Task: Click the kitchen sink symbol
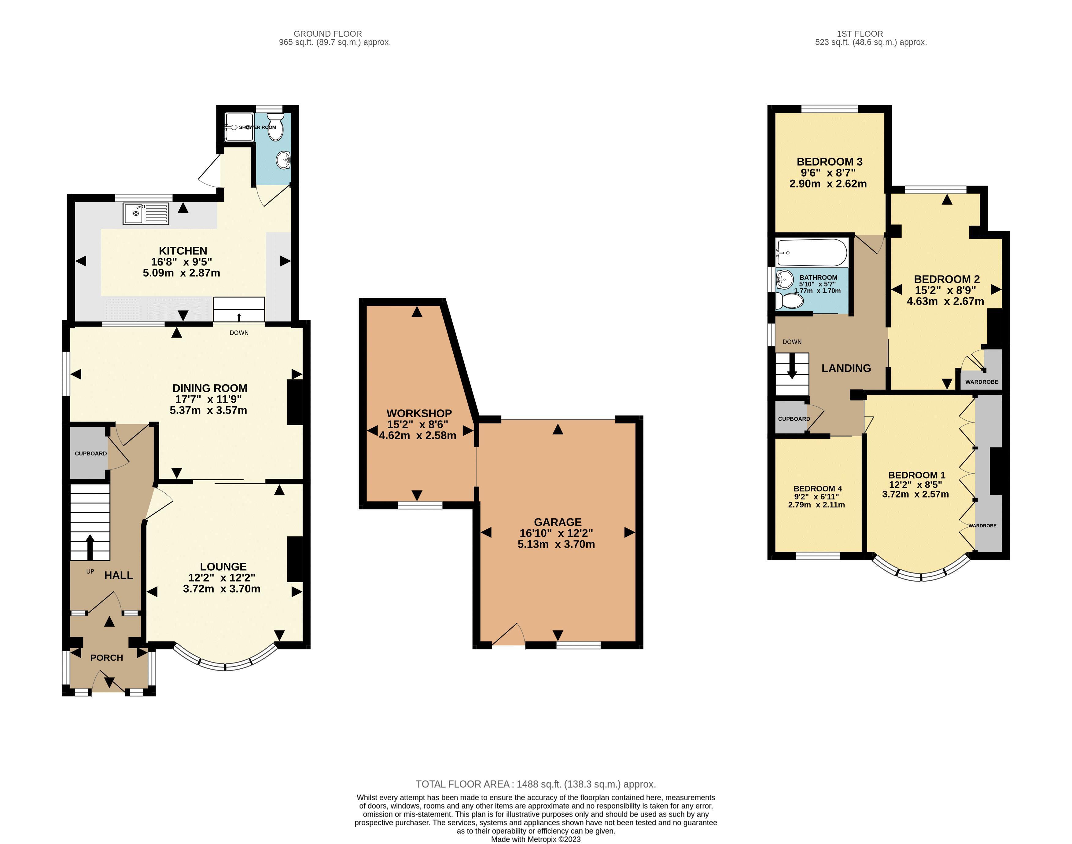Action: pos(146,214)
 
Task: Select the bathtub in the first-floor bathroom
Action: pos(811,253)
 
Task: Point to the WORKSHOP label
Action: pos(419,413)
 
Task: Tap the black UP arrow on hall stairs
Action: pos(90,546)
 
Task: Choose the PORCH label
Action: pos(106,657)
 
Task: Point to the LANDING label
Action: pos(846,368)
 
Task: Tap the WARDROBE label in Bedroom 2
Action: pos(982,382)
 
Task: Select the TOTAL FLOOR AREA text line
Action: pos(536,784)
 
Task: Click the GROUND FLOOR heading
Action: pos(327,34)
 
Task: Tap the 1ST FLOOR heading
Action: pos(859,34)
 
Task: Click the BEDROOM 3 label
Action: pos(829,162)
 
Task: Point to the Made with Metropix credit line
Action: pos(536,839)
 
